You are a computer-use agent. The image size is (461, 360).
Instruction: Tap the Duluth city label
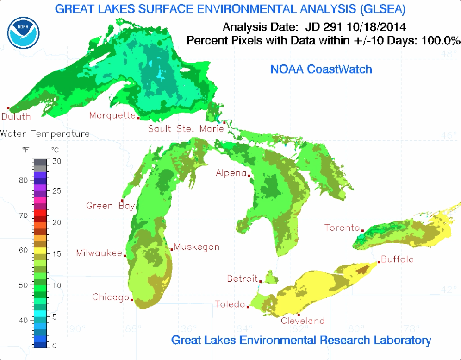click(16, 117)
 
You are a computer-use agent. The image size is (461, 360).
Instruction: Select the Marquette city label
click(112, 115)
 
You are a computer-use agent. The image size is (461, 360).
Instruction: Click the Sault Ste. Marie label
click(186, 129)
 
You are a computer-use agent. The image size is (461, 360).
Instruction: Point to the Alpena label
click(231, 173)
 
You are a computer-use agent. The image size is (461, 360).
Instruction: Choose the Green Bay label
click(110, 206)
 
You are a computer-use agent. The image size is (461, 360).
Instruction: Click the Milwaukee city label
click(99, 253)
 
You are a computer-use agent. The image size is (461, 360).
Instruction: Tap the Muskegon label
click(197, 247)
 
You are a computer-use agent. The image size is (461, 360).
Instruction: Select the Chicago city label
click(110, 297)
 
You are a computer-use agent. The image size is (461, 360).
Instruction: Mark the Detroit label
click(242, 278)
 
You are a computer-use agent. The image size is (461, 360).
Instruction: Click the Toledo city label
click(230, 304)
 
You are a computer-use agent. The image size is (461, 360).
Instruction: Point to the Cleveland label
click(303, 321)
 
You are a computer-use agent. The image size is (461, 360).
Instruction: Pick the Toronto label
click(342, 227)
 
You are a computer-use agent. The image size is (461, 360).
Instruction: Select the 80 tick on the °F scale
click(24, 180)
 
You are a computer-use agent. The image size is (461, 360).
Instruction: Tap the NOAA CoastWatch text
click(321, 69)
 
